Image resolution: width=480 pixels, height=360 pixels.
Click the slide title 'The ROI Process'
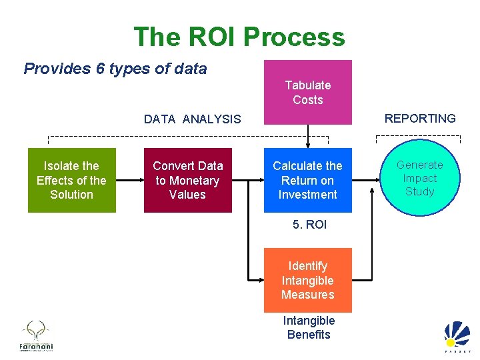tap(239, 37)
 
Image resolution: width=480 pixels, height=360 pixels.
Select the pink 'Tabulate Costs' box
tap(308, 92)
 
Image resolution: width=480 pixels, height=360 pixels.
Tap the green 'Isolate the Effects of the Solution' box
tap(71, 180)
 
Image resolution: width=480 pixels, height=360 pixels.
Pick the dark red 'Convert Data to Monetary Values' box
tap(187, 180)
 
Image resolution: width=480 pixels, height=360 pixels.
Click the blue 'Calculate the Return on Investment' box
tap(307, 180)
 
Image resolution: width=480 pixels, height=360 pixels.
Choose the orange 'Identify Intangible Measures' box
tap(307, 280)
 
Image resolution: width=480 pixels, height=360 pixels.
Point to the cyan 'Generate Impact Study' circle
tap(419, 178)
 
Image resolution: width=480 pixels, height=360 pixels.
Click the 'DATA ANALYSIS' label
tap(192, 119)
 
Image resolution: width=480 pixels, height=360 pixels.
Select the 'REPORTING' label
tap(420, 119)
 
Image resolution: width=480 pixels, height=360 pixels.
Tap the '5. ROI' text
tap(309, 225)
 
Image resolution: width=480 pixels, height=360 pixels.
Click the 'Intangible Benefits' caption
tap(309, 328)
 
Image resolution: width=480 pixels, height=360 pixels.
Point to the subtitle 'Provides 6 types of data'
tap(115, 69)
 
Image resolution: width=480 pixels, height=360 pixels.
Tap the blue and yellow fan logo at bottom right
tap(457, 337)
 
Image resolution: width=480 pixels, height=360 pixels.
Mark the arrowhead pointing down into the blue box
tap(308, 145)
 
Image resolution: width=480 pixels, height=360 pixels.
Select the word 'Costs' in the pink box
tap(308, 100)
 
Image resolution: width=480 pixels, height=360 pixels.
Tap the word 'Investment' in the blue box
tap(308, 195)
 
